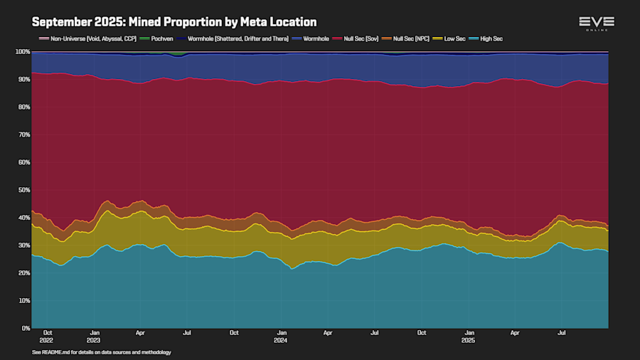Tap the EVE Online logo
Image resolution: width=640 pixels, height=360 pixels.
pos(596,23)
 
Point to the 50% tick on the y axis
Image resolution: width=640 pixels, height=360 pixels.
pos(22,190)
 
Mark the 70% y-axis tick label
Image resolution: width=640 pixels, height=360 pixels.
pos(22,135)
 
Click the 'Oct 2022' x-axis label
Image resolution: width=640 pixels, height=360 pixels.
pos(48,336)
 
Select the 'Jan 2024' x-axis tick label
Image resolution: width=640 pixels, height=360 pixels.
pos(282,336)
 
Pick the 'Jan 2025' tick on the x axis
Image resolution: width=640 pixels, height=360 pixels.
pos(469,336)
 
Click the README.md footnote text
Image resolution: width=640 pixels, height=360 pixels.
pos(102,352)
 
